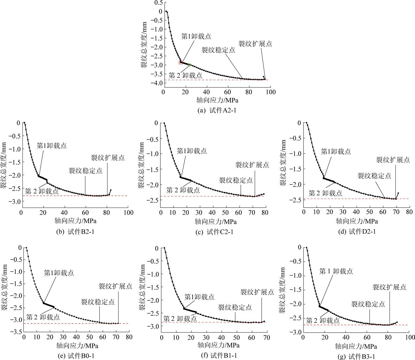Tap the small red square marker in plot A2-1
pyautogui.click(x=181, y=62)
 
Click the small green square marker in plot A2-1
pyautogui.click(x=190, y=65)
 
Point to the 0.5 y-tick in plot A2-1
pyautogui.click(x=159, y=2)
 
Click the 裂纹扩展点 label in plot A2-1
pyautogui.click(x=255, y=44)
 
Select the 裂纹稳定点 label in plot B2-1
pyautogui.click(x=85, y=170)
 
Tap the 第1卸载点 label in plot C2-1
pyautogui.click(x=192, y=151)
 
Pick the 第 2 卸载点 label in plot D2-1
pyautogui.click(x=325, y=193)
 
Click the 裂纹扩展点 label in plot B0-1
pyautogui.click(x=115, y=286)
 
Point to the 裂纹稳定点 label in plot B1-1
pyautogui.click(x=235, y=307)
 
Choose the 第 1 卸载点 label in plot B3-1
pyautogui.click(x=336, y=271)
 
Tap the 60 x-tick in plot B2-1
pyautogui.click(x=85, y=212)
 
